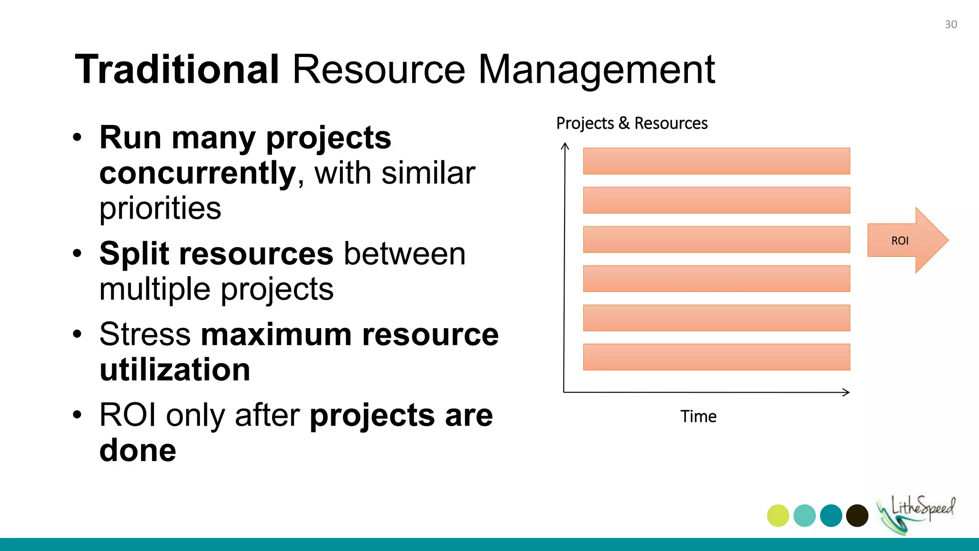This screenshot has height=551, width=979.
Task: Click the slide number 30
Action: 950,24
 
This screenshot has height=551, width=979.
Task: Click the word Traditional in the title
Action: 177,70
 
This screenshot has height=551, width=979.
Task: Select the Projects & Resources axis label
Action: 631,123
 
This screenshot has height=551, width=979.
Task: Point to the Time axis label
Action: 698,417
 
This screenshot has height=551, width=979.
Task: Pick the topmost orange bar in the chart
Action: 716,161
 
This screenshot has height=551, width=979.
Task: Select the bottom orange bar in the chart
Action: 716,357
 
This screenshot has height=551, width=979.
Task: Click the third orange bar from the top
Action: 716,240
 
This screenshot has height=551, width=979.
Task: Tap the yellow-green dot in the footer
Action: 778,516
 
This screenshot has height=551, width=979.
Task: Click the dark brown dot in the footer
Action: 857,516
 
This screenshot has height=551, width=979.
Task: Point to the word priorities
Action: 160,209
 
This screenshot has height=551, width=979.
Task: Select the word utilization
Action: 175,370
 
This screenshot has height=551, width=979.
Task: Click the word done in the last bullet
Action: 138,451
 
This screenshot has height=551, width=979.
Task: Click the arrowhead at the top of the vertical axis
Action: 565,145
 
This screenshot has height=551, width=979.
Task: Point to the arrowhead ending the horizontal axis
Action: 847,392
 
